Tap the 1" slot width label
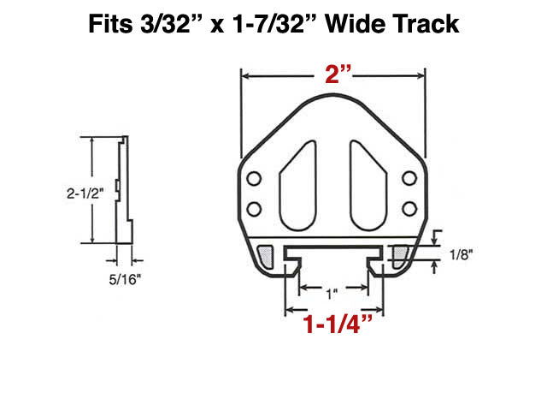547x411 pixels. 332,294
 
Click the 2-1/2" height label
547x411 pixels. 84,194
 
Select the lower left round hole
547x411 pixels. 254,208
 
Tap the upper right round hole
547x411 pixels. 409,178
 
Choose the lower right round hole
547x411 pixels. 409,208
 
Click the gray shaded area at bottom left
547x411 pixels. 267,254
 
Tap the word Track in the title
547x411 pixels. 428,25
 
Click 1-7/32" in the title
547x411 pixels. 280,25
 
